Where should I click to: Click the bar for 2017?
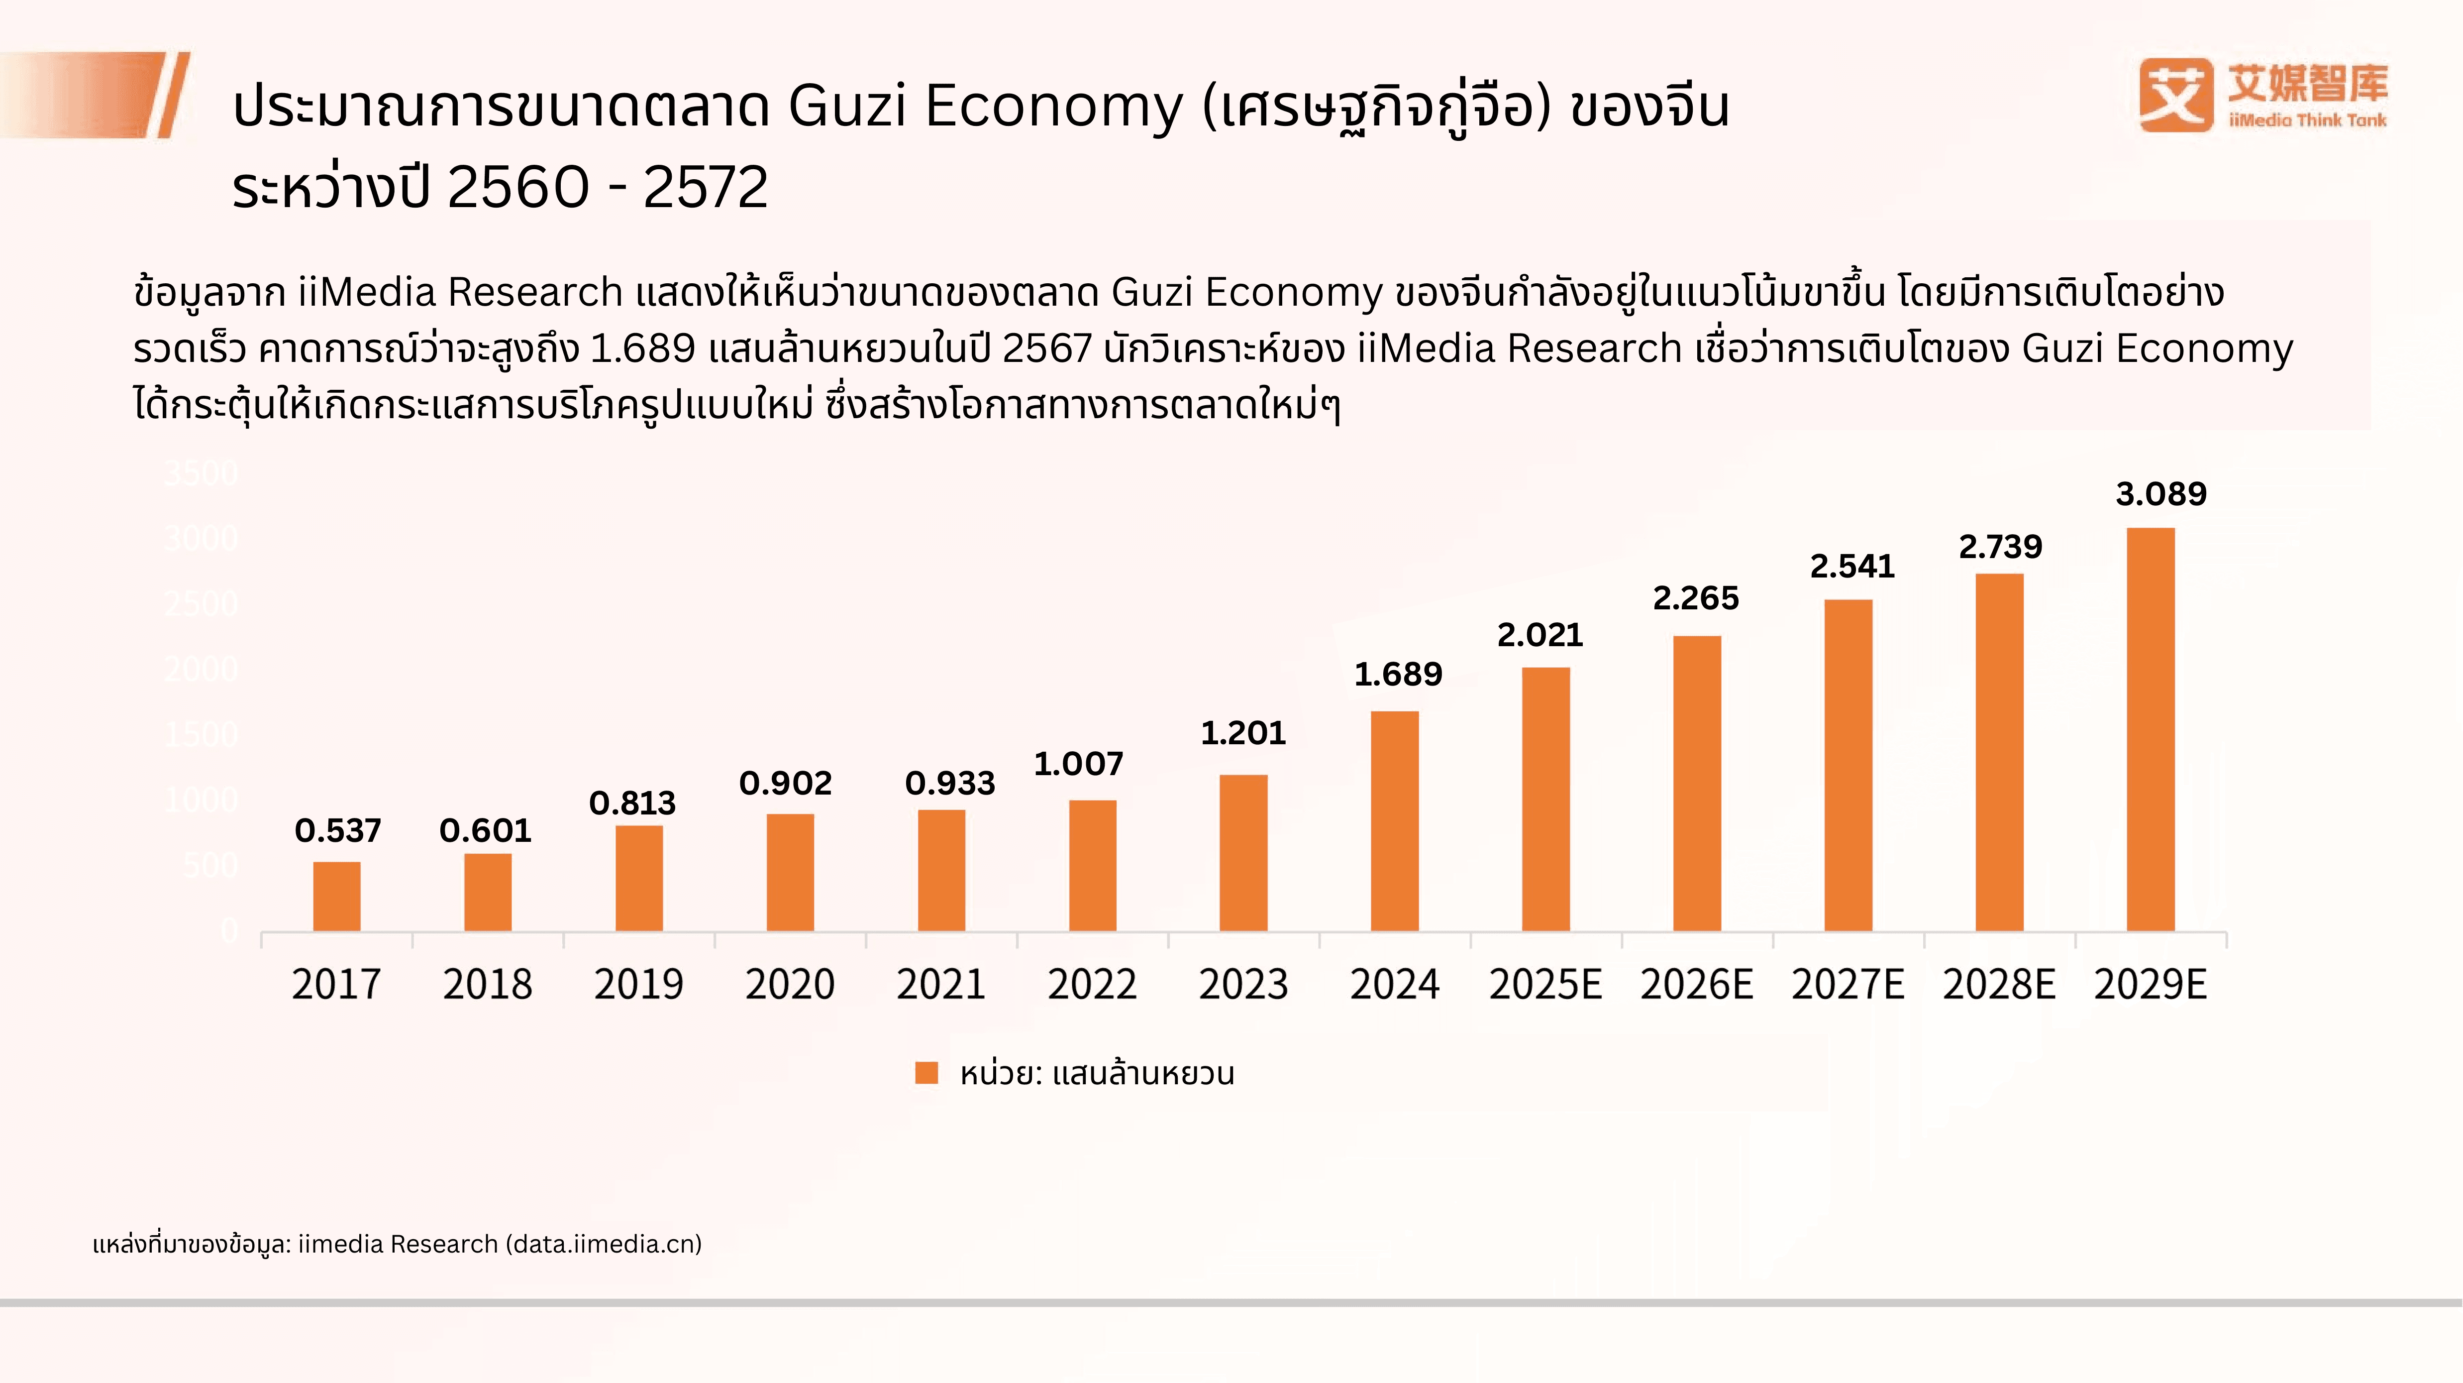[336, 896]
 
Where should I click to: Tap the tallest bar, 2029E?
[2151, 729]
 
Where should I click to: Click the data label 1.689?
[1398, 674]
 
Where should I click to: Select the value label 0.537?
[337, 830]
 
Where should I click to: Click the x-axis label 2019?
[639, 984]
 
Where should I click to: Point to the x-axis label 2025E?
[1545, 984]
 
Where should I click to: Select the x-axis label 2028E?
[1998, 984]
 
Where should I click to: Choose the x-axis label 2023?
[1243, 984]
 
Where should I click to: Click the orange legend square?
[925, 1073]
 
